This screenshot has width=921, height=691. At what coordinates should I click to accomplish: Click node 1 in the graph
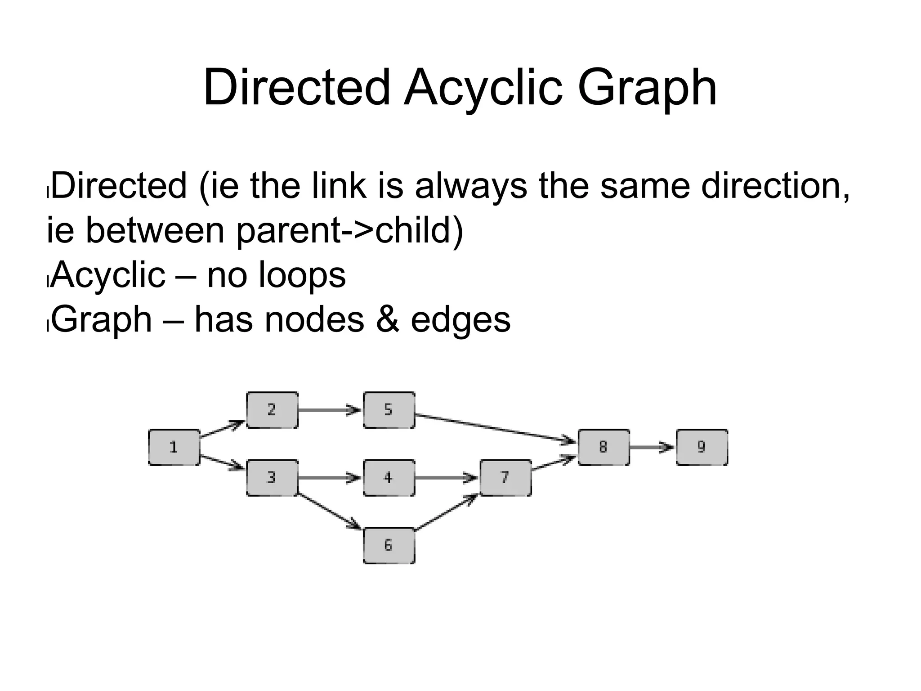tap(174, 447)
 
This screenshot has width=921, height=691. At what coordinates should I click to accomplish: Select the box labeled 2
tap(272, 410)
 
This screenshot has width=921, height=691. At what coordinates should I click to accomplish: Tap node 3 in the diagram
tap(272, 477)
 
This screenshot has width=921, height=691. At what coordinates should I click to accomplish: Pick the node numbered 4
tap(389, 477)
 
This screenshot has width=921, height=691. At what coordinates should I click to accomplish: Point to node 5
tap(389, 410)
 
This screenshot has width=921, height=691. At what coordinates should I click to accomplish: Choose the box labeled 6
tap(389, 545)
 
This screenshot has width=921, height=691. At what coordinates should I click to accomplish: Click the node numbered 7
tap(505, 477)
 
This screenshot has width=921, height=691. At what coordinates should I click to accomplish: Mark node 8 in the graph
tap(603, 447)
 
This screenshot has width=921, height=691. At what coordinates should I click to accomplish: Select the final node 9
tap(702, 447)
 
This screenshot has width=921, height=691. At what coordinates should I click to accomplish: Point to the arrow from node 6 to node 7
tap(447, 512)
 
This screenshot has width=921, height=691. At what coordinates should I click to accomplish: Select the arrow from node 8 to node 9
tap(652, 447)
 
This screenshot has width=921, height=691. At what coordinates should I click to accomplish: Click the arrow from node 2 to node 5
tap(330, 410)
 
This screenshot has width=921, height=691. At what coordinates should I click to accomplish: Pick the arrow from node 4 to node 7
tap(446, 477)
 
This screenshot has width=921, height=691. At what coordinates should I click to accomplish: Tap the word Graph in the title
tap(647, 88)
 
